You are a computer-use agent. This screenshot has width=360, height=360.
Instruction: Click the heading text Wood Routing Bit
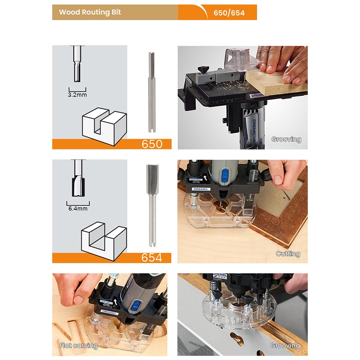(x=90, y=12)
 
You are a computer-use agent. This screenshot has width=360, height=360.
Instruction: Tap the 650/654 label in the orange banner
(x=229, y=13)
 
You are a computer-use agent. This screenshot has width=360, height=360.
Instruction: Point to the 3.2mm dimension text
(x=77, y=94)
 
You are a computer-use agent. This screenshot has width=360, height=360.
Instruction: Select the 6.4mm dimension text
(x=78, y=208)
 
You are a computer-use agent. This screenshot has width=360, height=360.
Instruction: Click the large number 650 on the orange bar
(x=152, y=144)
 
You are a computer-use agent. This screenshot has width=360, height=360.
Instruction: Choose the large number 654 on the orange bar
(x=152, y=257)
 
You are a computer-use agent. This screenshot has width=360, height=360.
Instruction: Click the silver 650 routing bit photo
(x=151, y=92)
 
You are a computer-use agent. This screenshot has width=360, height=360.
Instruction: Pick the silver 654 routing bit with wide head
(x=152, y=206)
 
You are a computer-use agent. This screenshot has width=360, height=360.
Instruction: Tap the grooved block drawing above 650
(x=104, y=126)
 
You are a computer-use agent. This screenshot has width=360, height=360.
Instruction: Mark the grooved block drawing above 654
(x=104, y=241)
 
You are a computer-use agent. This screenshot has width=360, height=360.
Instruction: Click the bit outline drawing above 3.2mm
(x=77, y=64)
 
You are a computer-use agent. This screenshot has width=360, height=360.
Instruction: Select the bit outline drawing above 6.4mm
(x=78, y=178)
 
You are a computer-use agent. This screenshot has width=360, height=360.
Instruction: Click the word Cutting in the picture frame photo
(x=288, y=254)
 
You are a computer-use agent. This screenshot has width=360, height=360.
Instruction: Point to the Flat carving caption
(x=78, y=346)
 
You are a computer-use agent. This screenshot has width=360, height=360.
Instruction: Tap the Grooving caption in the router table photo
(x=286, y=139)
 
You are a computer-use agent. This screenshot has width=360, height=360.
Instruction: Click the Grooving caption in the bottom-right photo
(x=285, y=346)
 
